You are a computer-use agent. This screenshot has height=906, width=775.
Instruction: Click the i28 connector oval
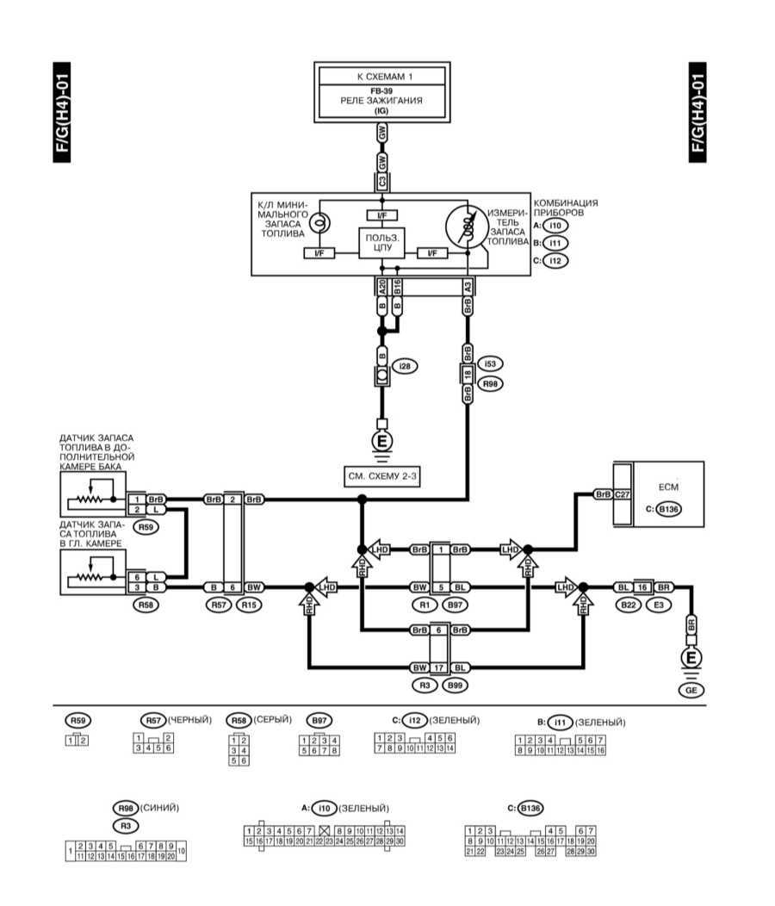[404, 367]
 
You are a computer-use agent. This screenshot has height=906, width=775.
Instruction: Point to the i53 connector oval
[489, 363]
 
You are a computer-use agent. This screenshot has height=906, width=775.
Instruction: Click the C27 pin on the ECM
[623, 495]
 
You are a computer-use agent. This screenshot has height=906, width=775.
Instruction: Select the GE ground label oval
[690, 690]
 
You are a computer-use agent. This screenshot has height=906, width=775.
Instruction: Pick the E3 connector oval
[659, 605]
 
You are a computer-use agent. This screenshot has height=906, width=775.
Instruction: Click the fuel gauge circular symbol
[467, 229]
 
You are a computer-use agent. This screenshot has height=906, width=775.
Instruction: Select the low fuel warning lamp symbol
[317, 221]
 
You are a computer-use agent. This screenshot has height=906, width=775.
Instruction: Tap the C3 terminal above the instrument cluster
[381, 182]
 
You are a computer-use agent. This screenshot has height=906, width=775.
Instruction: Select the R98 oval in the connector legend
[126, 808]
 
